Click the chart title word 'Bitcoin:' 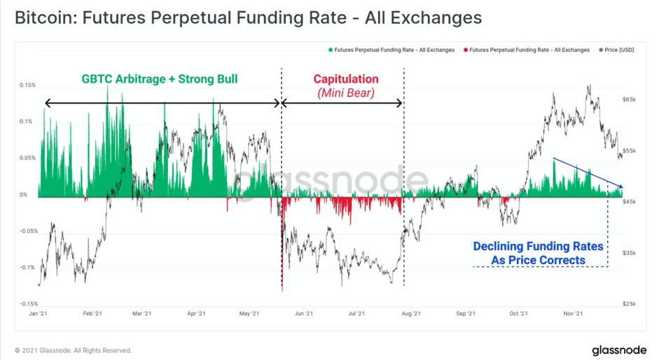[46, 18]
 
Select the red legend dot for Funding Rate [466, 50]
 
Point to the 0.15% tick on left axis [28, 85]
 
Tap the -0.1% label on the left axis [28, 268]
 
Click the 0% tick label [24, 195]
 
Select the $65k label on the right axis [629, 99]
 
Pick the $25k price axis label [629, 304]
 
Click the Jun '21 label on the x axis [304, 314]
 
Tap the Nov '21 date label [574, 314]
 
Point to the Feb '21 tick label [92, 314]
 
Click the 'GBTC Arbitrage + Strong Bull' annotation [160, 79]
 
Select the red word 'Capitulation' [346, 79]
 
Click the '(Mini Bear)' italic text [346, 92]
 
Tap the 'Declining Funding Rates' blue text [538, 246]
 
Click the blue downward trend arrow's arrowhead [620, 186]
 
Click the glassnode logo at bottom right [619, 350]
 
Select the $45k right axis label [629, 202]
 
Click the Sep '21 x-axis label [466, 314]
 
